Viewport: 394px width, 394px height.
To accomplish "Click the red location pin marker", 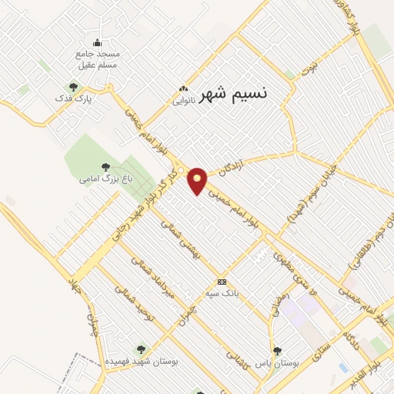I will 198,180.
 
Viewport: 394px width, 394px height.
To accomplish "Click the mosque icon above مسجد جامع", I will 97,43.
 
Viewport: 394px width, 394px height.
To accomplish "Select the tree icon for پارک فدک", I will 74,88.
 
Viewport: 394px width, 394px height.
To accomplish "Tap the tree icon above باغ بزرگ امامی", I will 105,167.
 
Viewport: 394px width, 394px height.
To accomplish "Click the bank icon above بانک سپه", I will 222,282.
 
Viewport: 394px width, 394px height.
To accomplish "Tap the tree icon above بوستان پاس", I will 277,350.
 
